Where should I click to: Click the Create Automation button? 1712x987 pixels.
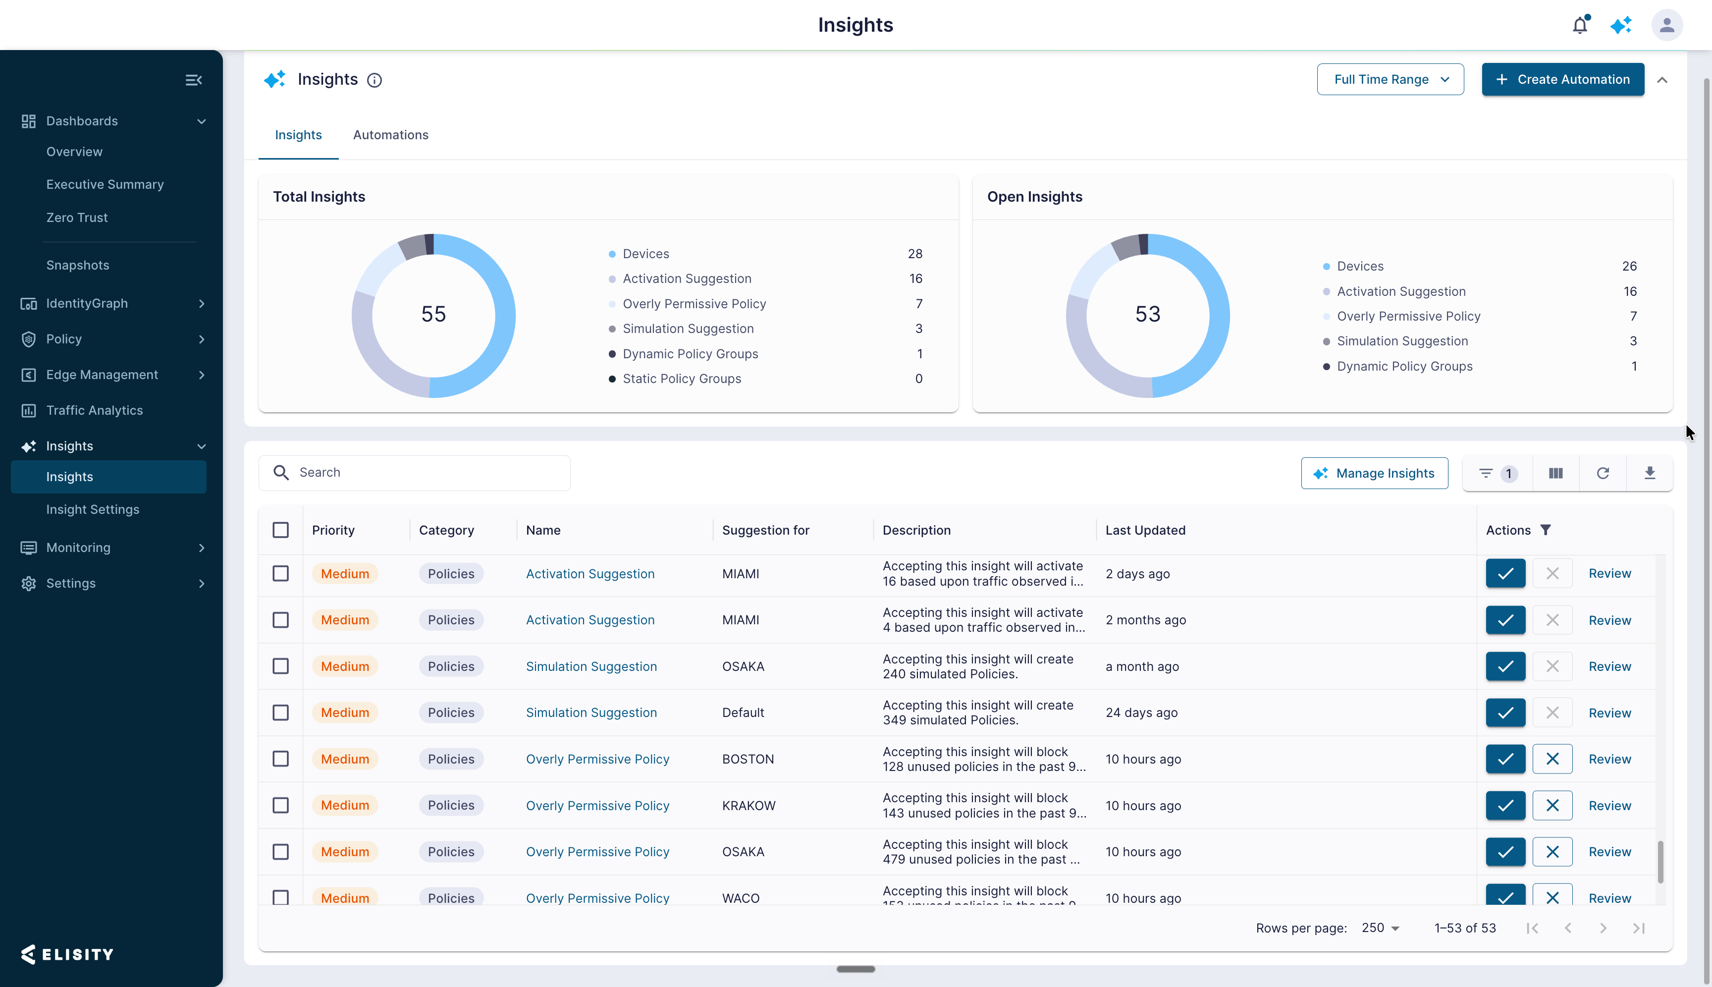pos(1562,79)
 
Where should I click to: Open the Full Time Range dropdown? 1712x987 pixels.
pos(1390,79)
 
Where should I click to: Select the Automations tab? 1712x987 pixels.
pos(390,135)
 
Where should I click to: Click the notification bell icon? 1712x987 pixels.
pos(1580,25)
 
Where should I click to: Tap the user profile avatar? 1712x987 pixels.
pos(1666,25)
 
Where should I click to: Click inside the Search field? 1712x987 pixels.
pos(414,473)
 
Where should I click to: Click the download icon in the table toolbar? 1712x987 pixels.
pos(1650,473)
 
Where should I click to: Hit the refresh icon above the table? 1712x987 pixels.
pos(1602,473)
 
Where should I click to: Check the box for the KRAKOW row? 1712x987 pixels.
pos(280,805)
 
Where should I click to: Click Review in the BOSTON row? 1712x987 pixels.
pos(1609,759)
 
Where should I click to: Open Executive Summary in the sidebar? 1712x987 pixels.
pos(105,184)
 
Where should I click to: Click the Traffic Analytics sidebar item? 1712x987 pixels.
pos(94,410)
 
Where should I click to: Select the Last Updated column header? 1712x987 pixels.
pos(1145,530)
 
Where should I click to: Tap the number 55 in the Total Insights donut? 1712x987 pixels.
pos(434,314)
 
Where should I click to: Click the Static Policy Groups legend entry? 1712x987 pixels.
pos(682,379)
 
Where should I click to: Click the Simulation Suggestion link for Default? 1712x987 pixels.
pos(591,713)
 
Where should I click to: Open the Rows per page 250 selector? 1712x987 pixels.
pos(1380,928)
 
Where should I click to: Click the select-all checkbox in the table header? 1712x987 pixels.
pos(280,530)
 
